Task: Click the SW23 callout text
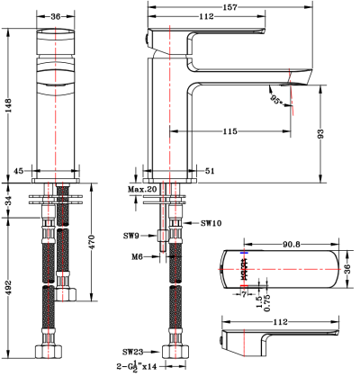pos(133,352)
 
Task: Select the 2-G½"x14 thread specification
pos(138,367)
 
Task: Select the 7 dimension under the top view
pos(244,294)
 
